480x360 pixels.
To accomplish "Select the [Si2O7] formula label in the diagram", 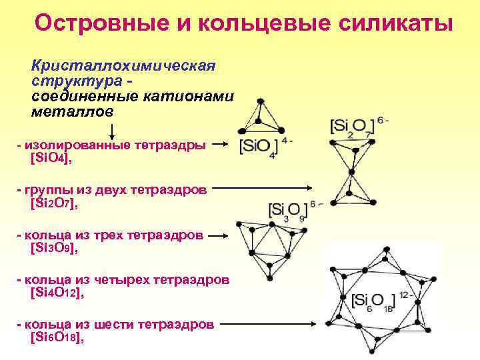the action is tap(354, 129).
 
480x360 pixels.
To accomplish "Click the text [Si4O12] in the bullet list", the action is tap(57, 292).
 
